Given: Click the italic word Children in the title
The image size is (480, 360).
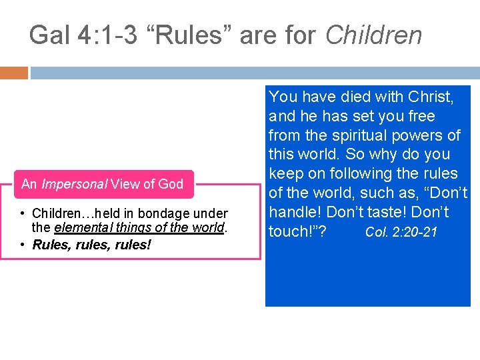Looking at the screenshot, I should (x=373, y=35).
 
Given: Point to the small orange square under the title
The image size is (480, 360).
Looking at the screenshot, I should (x=14, y=72).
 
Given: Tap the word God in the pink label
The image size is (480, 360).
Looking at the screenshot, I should (x=169, y=184).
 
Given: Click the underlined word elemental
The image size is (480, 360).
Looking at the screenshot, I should (x=79, y=227).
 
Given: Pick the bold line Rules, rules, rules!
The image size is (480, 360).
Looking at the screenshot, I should (x=92, y=245).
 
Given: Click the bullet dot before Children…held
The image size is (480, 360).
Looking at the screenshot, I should (x=22, y=214).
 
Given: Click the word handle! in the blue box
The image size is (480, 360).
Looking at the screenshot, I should (x=295, y=213).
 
